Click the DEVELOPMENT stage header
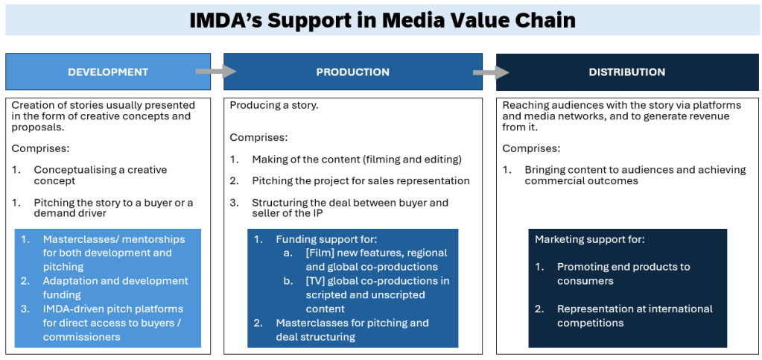[108, 72]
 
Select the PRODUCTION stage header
[353, 72]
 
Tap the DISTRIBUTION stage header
[627, 72]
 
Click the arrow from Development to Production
[216, 72]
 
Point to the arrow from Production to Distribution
[491, 72]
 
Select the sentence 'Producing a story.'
[274, 105]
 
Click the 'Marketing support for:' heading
[582, 239]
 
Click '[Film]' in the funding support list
[318, 253]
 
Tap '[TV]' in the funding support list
[315, 281]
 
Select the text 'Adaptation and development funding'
[115, 288]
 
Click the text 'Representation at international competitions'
[635, 316]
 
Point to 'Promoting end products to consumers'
[623, 274]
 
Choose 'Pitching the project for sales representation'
[361, 181]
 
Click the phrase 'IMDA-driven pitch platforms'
[112, 309]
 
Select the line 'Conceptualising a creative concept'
[100, 176]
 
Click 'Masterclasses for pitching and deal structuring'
[352, 330]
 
